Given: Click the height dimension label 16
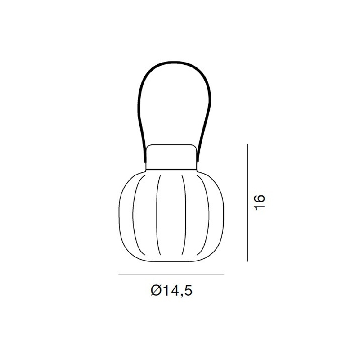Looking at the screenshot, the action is [260, 202].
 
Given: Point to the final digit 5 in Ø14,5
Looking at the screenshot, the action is [188, 291].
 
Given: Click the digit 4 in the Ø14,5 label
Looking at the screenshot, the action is [174, 291].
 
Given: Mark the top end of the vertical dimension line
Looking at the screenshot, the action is [248, 144].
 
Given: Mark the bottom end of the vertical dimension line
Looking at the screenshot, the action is [248, 261].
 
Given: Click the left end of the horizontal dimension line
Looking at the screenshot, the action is [119, 274].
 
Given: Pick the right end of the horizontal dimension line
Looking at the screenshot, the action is [224, 274].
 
